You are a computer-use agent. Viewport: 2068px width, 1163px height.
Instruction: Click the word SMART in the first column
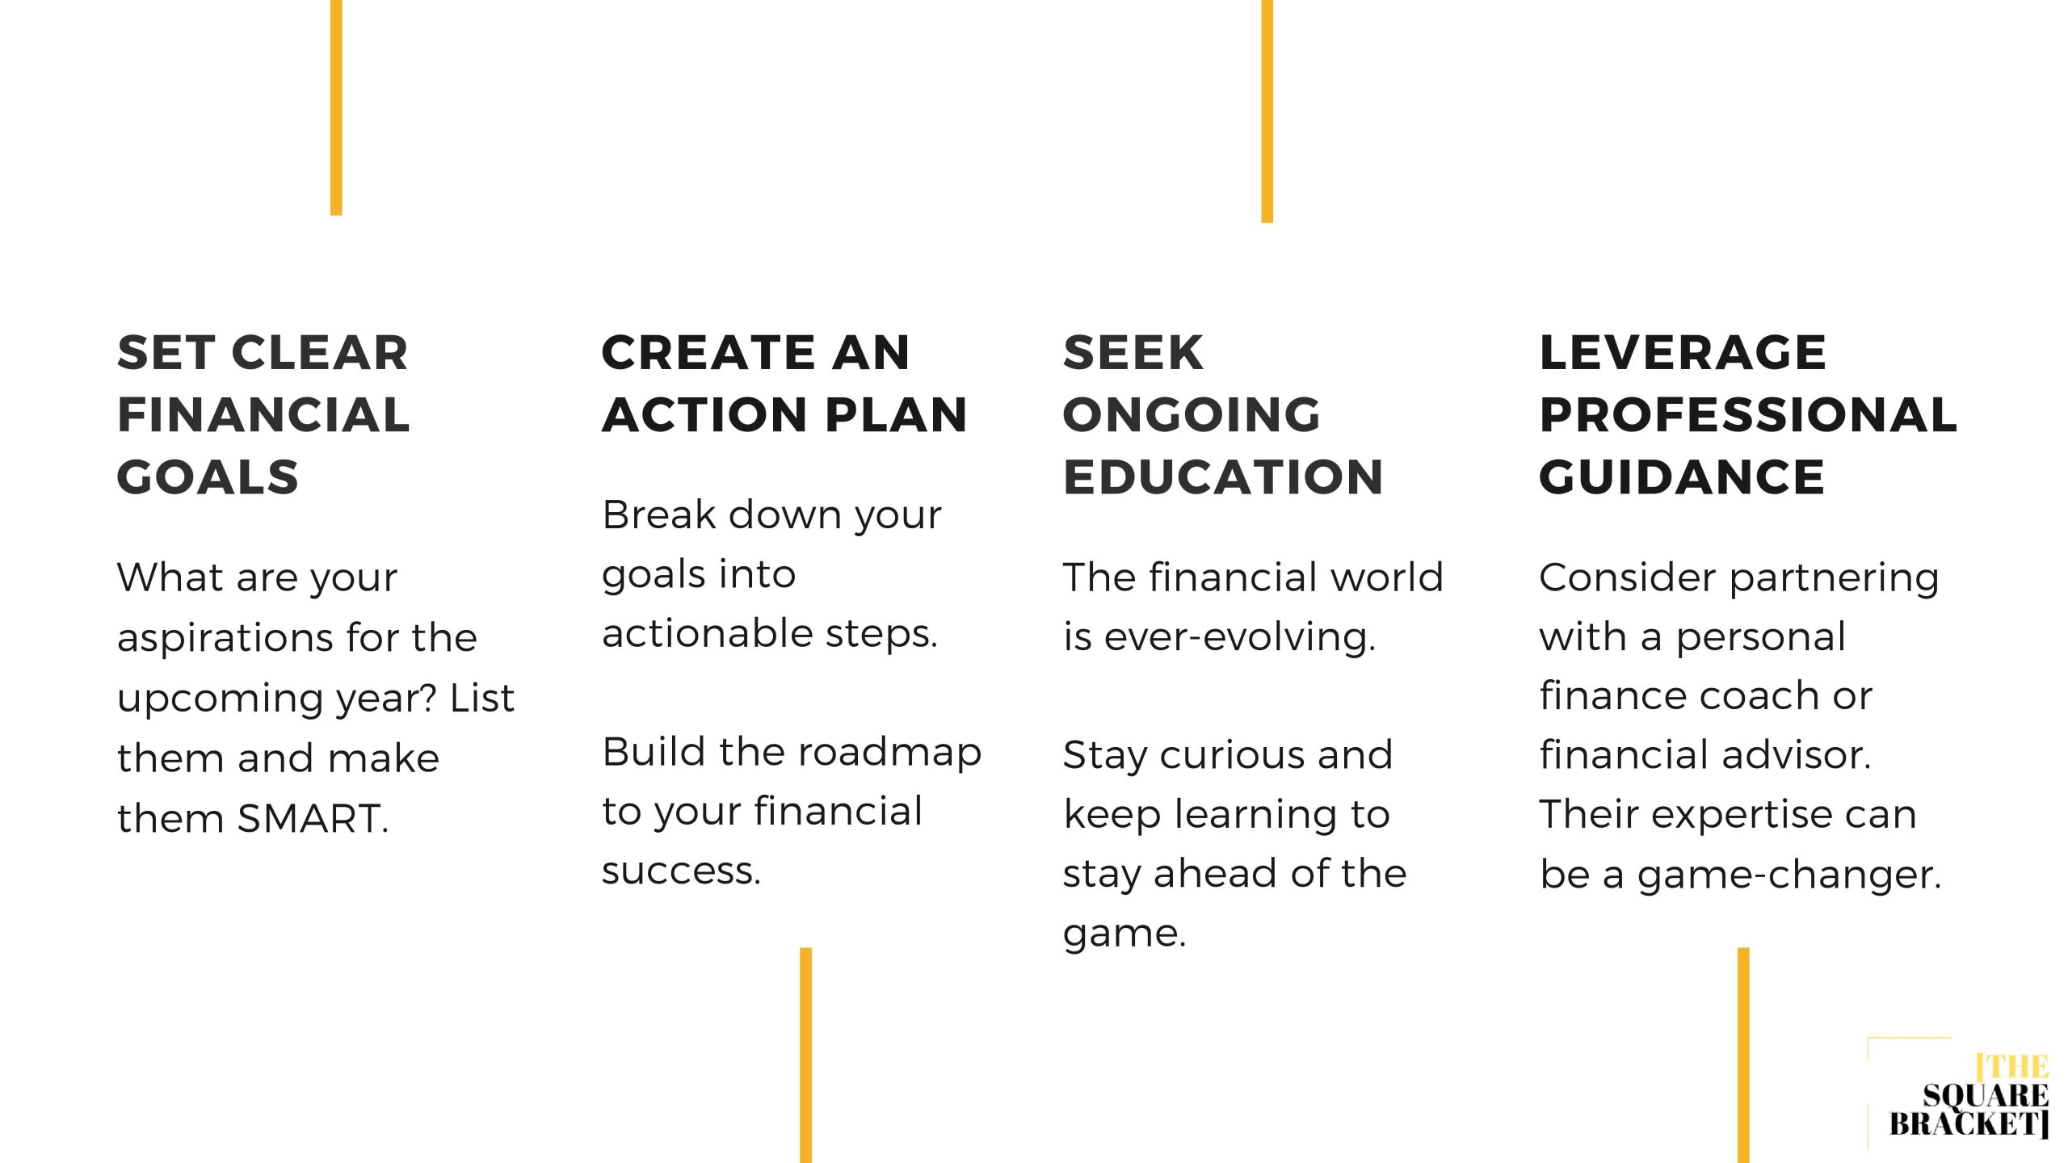point(313,818)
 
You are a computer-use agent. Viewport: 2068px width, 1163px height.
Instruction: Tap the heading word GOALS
point(208,477)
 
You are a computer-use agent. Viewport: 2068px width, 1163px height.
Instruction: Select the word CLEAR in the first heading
point(320,353)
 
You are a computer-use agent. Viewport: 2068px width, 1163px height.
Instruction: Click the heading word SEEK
point(1133,353)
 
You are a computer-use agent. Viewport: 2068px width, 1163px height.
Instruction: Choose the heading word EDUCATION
point(1223,477)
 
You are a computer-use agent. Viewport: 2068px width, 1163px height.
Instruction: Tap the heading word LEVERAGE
point(1683,353)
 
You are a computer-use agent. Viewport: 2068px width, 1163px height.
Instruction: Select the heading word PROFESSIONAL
point(1748,414)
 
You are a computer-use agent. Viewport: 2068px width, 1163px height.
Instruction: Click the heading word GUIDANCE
point(1682,477)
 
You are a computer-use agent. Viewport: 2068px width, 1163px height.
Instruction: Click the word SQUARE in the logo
point(1986,1096)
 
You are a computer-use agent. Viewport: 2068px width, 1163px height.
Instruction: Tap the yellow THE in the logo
point(2014,1067)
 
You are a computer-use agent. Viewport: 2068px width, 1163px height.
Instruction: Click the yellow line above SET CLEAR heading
point(336,107)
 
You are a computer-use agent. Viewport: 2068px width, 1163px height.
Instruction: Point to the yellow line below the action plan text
point(805,1056)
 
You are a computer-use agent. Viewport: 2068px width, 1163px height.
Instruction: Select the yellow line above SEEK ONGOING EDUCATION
point(1267,111)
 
